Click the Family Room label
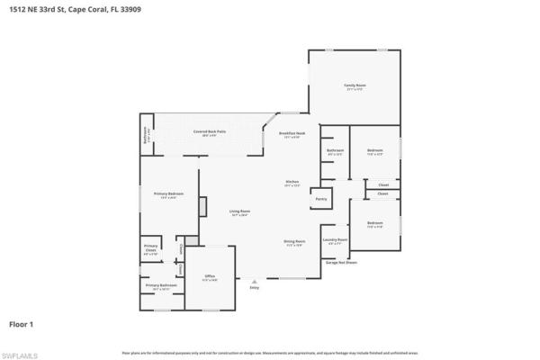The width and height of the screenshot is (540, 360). pos(355,86)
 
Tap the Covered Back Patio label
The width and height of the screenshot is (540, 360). pos(209,133)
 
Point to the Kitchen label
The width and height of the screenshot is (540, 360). pos(292,183)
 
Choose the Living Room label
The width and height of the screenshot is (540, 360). pos(240,213)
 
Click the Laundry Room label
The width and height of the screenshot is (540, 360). pos(335,240)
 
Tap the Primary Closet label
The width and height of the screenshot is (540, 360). pos(151,251)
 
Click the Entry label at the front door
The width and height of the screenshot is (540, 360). pos(254,288)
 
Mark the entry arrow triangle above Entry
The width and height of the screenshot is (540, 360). pos(254,281)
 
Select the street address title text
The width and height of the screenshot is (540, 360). pos(53,8)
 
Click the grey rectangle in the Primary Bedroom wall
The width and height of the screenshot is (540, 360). pos(202,206)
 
